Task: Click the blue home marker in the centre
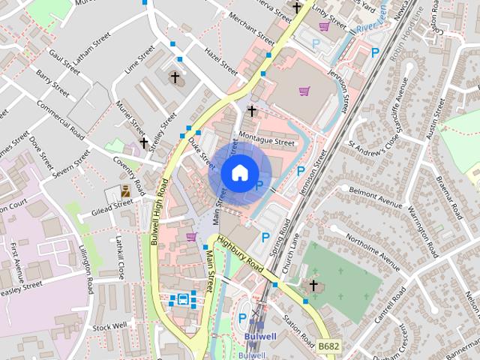click(238, 172)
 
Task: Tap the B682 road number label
click(327, 346)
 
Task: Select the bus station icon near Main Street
click(182, 299)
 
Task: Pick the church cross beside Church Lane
click(313, 285)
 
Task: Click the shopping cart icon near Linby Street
click(324, 26)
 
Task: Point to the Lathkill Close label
click(120, 257)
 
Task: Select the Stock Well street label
click(109, 327)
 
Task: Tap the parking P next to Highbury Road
click(265, 237)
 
